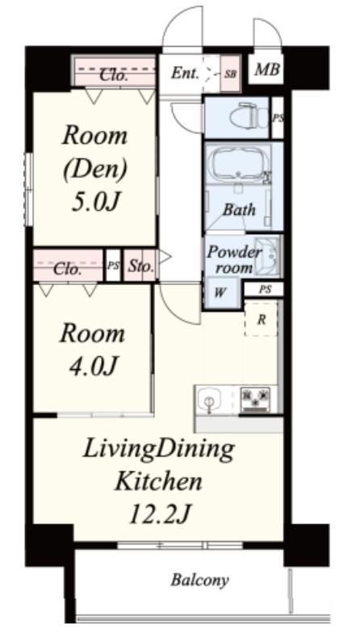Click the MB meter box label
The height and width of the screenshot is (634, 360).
[x=266, y=69]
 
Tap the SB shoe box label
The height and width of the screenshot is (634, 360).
[x=231, y=74]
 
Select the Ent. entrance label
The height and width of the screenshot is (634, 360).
[x=185, y=73]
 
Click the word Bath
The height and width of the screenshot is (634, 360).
[x=239, y=210]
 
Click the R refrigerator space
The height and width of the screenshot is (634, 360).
[x=262, y=320]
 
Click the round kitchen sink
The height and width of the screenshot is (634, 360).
[x=209, y=401]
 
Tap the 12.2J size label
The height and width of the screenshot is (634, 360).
[x=160, y=514]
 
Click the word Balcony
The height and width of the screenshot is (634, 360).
[x=199, y=580]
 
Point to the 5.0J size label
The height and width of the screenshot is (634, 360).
[x=96, y=202]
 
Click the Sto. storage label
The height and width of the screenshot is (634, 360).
[x=141, y=267]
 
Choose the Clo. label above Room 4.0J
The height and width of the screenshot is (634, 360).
[x=65, y=269]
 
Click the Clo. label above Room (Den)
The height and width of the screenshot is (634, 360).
[x=114, y=75]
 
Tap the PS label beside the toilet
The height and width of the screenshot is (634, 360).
[x=278, y=119]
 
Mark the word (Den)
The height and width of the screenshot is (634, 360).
[x=95, y=169]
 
